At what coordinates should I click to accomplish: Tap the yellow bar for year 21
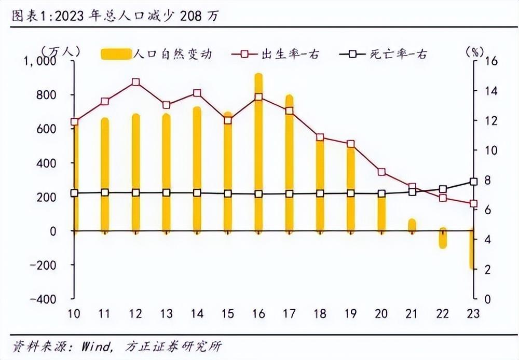(412, 225)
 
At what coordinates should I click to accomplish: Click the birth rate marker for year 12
(135, 82)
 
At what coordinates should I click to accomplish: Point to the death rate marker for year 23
(473, 182)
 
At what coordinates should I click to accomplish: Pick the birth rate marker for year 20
(381, 172)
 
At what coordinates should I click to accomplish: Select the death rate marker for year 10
(74, 193)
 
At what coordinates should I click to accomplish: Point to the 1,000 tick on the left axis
(40, 61)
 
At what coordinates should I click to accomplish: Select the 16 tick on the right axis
(490, 61)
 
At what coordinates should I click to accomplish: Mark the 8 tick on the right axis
(488, 181)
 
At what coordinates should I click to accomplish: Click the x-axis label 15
(227, 314)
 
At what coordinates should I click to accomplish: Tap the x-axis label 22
(443, 314)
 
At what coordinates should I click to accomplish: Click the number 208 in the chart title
(190, 16)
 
